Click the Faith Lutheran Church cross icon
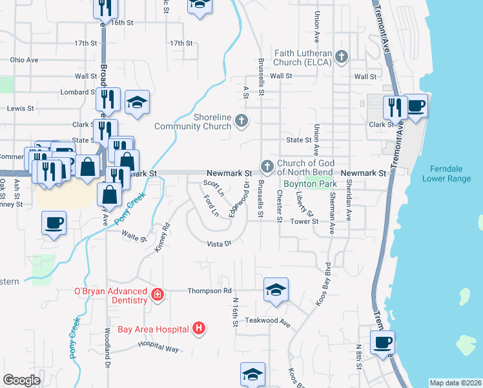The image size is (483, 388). [x=342, y=58]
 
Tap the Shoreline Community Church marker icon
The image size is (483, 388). [x=241, y=120]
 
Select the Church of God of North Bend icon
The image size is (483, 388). [x=267, y=167]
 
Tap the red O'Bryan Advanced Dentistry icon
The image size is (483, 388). [x=156, y=296]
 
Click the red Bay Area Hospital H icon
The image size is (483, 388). [x=199, y=329]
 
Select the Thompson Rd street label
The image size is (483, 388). [x=209, y=291]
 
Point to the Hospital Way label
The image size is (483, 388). [x=158, y=348]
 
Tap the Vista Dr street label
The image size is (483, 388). [x=219, y=244]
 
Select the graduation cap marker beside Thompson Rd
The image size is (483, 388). [x=276, y=290]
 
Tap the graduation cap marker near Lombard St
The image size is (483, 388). [x=137, y=102]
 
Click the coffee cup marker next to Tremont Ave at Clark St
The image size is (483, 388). [x=416, y=106]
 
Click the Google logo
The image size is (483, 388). [x=21, y=380]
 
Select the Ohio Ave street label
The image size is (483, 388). [x=24, y=59]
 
